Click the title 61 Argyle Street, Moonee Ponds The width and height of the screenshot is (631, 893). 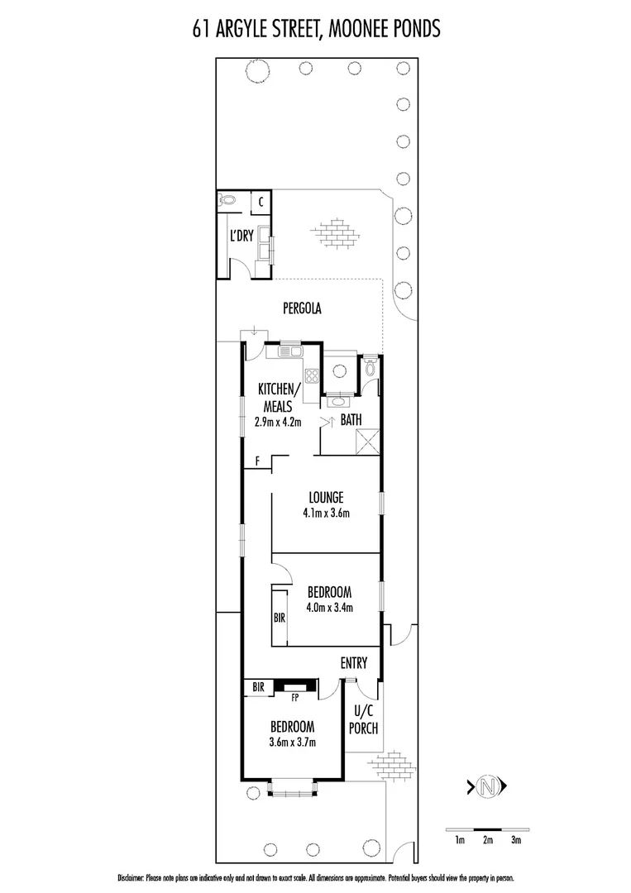tap(315, 31)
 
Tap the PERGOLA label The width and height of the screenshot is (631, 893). tap(301, 308)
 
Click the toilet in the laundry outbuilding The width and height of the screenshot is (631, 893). tap(229, 200)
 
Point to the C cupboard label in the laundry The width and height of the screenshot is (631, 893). tap(261, 201)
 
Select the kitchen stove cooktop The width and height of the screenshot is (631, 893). tap(313, 377)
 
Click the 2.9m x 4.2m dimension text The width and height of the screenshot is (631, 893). tap(278, 422)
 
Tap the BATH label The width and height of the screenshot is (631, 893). tap(351, 420)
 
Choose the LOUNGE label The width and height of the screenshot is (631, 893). tap(326, 497)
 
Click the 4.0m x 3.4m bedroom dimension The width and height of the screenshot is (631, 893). tap(329, 609)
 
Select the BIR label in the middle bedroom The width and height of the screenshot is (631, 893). tap(280, 617)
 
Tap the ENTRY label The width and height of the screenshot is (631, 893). tap(354, 663)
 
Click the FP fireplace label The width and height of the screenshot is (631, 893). tap(294, 697)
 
